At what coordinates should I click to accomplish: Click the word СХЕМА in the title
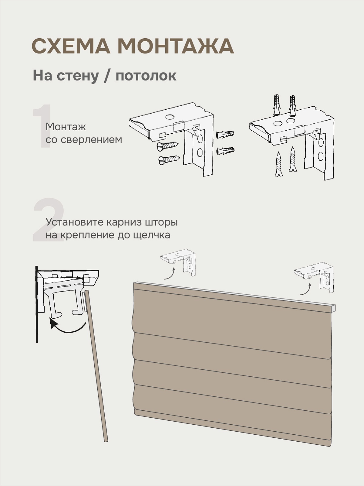click(x=71, y=46)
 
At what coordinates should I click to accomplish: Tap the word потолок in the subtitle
click(x=146, y=76)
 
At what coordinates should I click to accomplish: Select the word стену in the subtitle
click(x=78, y=76)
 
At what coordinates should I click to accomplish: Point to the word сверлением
click(x=91, y=140)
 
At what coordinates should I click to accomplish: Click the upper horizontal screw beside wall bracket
click(x=167, y=146)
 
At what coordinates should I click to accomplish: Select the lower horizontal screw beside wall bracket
click(x=169, y=159)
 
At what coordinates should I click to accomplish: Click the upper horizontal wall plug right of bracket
click(x=225, y=134)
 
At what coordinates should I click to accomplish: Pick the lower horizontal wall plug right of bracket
click(x=225, y=151)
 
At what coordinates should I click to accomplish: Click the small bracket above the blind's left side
click(x=178, y=262)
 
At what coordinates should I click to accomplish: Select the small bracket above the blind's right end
click(x=314, y=278)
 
